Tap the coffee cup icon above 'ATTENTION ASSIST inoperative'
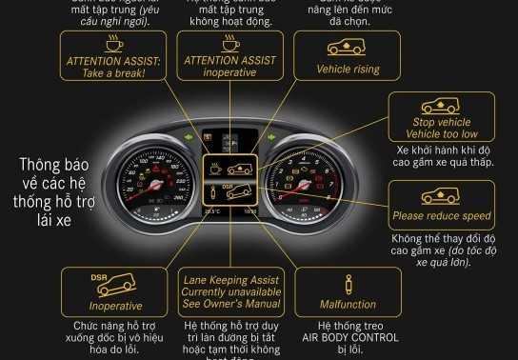(230, 44)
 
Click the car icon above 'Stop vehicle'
(440, 107)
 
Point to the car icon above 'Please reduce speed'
(440, 197)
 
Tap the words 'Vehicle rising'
(347, 70)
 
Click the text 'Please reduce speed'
(441, 216)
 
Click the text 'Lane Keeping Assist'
(230, 279)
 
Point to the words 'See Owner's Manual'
(230, 304)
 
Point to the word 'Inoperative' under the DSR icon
(114, 307)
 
